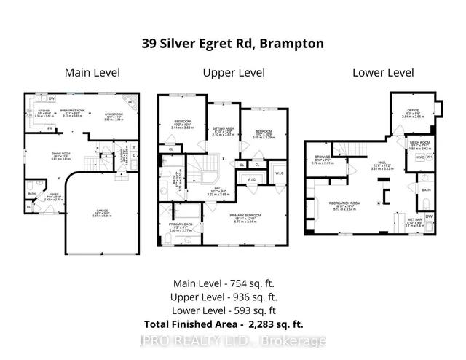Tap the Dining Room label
click(x=42, y=154)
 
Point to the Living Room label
click(x=115, y=115)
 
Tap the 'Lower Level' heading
click(x=382, y=72)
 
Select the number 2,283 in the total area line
click(x=267, y=324)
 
